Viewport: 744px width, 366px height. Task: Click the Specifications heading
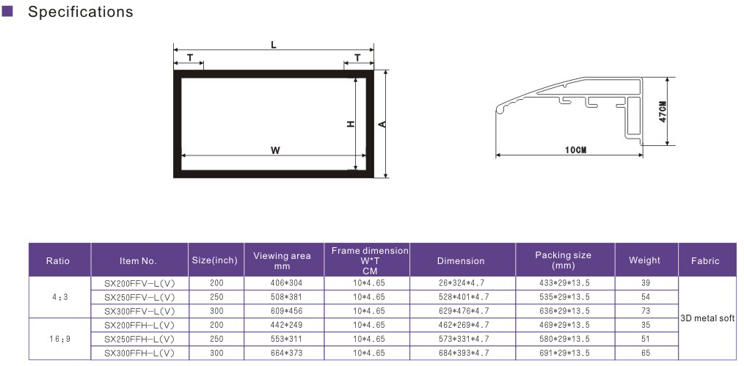point(80,12)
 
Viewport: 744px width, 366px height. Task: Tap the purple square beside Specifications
point(7,11)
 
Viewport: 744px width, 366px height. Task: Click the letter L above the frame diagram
point(274,45)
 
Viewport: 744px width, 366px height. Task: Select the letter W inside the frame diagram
point(275,151)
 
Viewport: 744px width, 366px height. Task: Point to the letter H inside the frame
point(351,124)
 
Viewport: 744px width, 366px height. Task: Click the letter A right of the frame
point(382,124)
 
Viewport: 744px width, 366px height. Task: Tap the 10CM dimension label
point(575,150)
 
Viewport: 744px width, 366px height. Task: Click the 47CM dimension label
point(663,111)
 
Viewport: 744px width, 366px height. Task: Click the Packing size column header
point(564,260)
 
